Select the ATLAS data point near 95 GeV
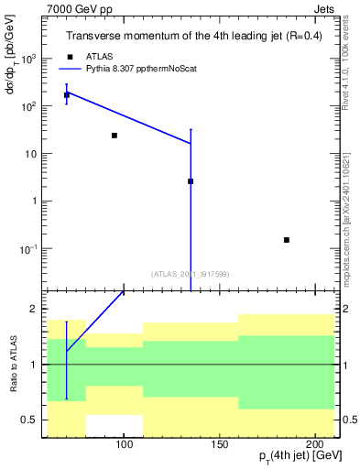point(115,136)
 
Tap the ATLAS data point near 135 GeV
point(191,181)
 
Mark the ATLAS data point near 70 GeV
point(67,95)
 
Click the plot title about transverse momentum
point(193,37)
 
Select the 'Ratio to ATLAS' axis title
point(13,365)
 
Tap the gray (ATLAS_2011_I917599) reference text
point(191,273)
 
